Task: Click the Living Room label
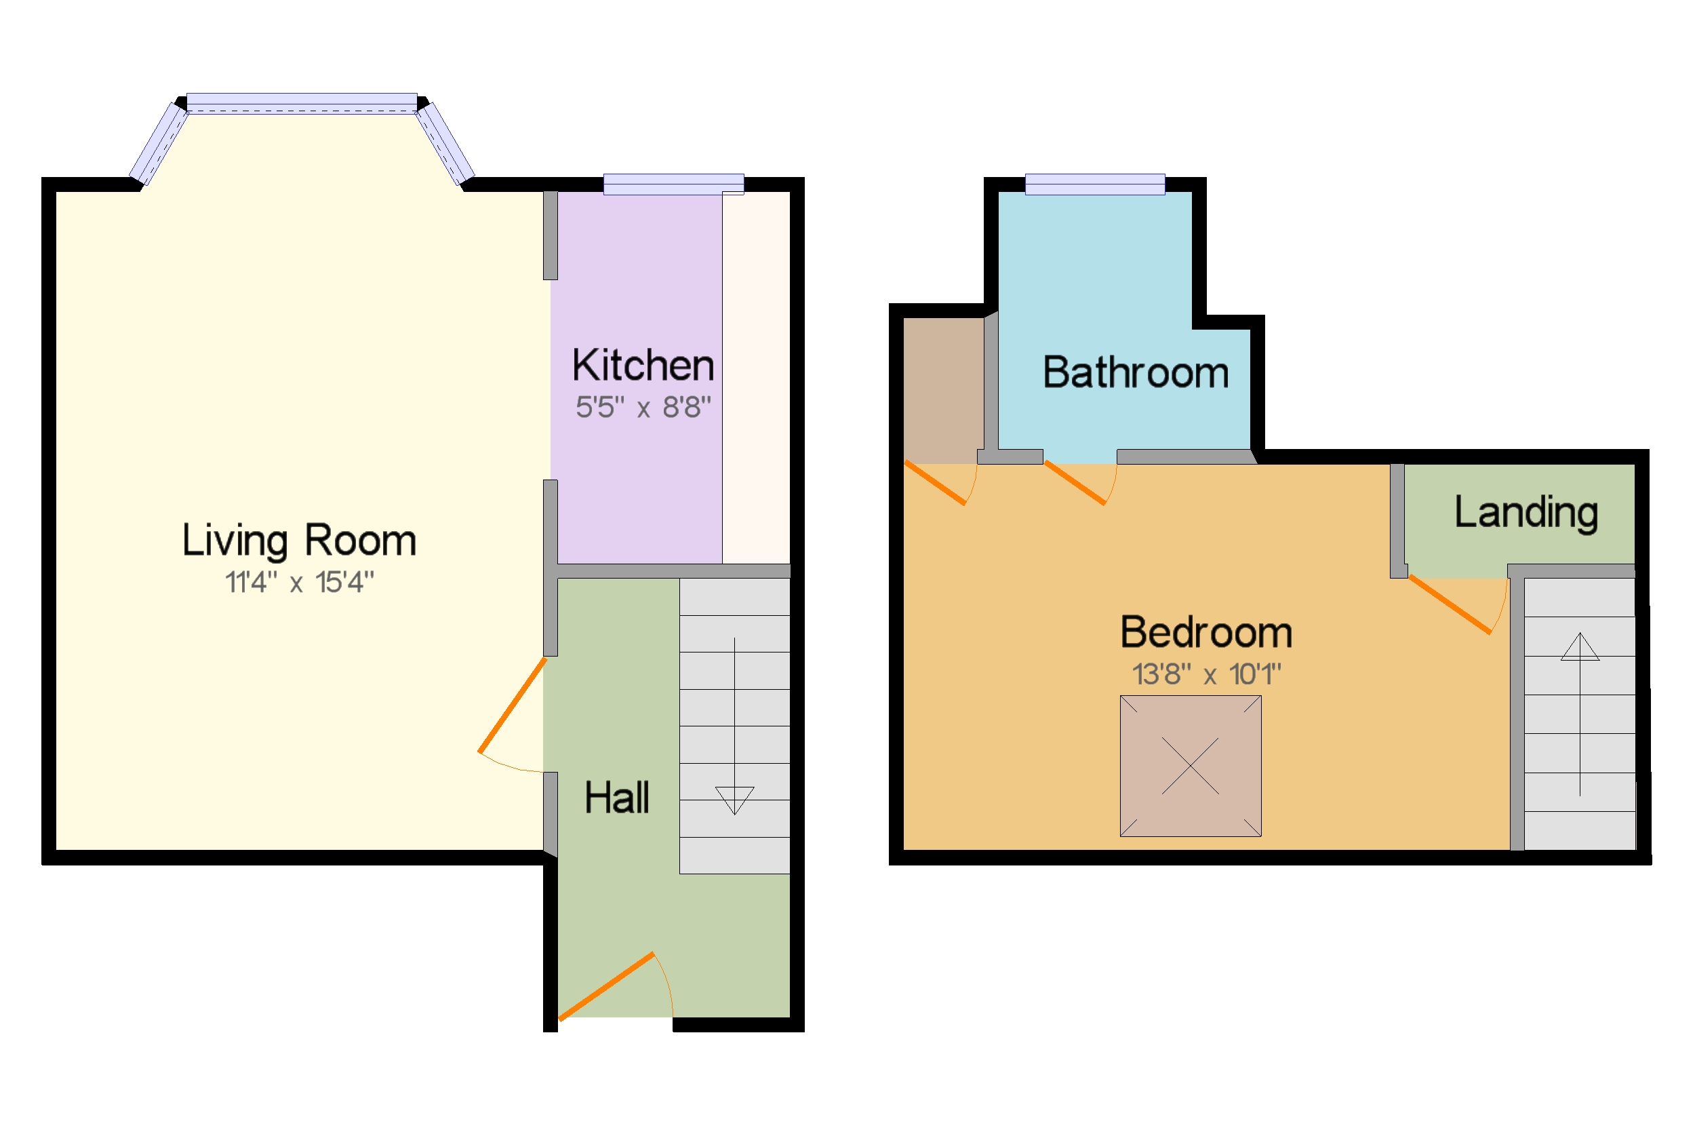(299, 541)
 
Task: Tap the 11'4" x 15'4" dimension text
(299, 582)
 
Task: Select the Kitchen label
(643, 366)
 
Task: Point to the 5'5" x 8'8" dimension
(643, 408)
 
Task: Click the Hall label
(616, 798)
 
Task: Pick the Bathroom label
(1135, 373)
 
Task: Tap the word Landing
(1525, 512)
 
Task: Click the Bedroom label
(1206, 633)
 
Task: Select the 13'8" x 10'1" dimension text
(1206, 674)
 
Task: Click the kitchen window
(673, 184)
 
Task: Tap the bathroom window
(1094, 184)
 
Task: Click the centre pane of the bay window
(301, 103)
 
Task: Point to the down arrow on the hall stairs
(734, 799)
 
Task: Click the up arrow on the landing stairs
(1579, 646)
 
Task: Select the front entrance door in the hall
(607, 987)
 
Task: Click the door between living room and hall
(512, 705)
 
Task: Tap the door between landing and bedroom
(1450, 604)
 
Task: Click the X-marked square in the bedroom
(1190, 766)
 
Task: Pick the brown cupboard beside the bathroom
(942, 389)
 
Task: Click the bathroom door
(1074, 483)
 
